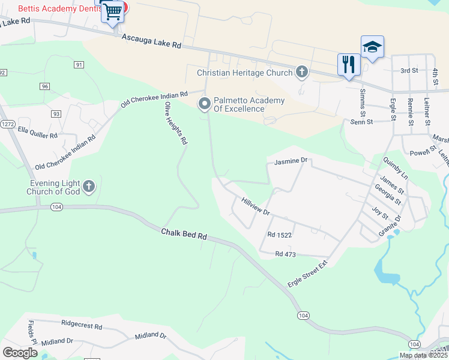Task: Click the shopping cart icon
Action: point(113,12)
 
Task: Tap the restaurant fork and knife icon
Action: point(349,64)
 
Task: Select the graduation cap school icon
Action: point(372,47)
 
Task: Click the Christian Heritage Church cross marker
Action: point(301,73)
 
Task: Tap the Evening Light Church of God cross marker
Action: point(88,187)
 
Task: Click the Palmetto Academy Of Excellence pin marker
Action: point(205,104)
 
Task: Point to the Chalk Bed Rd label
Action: point(184,233)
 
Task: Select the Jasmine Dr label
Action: point(291,161)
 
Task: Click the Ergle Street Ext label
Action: point(309,273)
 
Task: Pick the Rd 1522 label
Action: point(280,236)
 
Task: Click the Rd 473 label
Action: point(286,254)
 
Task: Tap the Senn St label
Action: point(362,122)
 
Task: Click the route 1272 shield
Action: point(7,124)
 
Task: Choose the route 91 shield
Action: point(79,64)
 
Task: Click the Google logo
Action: point(20,353)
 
